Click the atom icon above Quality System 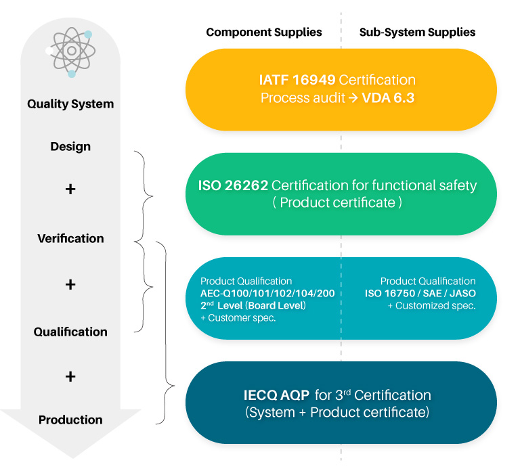[x=70, y=52]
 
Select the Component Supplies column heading [x=264, y=32]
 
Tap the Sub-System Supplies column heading [x=417, y=32]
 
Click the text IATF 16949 [x=297, y=80]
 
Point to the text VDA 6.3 [x=388, y=98]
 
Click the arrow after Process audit [x=353, y=98]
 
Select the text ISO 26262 [x=233, y=185]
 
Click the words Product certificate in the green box [x=338, y=202]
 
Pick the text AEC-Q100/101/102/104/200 [x=267, y=294]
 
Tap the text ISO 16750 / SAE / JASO [x=420, y=294]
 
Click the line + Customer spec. [x=238, y=318]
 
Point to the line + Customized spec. [x=432, y=306]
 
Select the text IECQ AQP [x=276, y=395]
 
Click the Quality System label [x=70, y=104]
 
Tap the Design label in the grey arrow [x=70, y=147]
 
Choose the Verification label [x=70, y=239]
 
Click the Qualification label [x=70, y=332]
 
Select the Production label [x=70, y=420]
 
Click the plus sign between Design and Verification [x=70, y=189]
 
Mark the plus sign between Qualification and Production [x=70, y=376]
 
